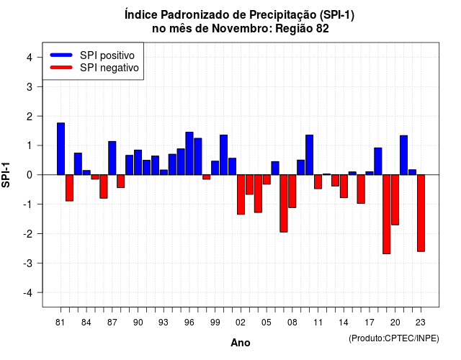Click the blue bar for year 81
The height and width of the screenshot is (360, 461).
[61, 149]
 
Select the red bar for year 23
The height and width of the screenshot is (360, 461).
[421, 213]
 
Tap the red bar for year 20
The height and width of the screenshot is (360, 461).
[395, 200]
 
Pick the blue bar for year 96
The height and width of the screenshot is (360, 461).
[189, 153]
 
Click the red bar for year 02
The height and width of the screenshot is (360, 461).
[241, 194]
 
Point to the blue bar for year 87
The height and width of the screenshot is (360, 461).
[112, 158]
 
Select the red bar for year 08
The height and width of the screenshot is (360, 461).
[292, 192]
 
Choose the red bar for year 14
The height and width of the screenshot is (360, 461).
[344, 186]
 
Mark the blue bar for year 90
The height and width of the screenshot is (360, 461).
[138, 162]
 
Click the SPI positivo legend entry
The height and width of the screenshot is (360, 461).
[92, 55]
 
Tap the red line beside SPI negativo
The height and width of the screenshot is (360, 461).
[61, 68]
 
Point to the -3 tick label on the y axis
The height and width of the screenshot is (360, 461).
[29, 263]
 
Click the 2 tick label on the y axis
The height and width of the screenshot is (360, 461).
[30, 117]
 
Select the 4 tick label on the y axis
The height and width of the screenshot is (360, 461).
[30, 58]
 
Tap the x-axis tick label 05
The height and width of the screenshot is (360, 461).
[267, 323]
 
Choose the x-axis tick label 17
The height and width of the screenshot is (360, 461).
[370, 323]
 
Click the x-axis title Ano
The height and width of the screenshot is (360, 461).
[241, 343]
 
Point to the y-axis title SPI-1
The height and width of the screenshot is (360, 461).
[6, 175]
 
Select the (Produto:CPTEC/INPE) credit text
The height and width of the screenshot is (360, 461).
[394, 338]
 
